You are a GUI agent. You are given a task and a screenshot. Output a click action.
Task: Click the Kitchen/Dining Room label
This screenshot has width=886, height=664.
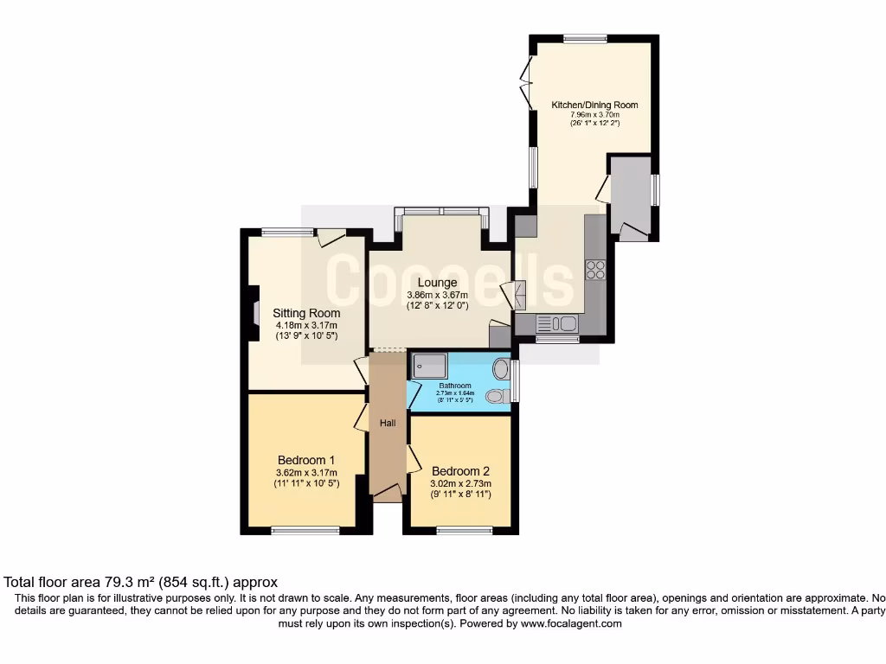coord(594,105)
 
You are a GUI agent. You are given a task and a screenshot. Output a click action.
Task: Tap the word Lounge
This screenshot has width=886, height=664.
coord(437,283)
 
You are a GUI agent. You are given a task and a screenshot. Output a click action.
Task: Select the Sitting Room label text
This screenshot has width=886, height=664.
coord(306,313)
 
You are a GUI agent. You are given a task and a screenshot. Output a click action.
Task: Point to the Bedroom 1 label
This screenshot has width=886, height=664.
coord(306,460)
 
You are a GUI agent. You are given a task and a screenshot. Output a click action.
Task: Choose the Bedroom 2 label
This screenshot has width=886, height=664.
coord(461,471)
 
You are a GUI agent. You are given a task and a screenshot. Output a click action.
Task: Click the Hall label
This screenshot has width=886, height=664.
coord(388,423)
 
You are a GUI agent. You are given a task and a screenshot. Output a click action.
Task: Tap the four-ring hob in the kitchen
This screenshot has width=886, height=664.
coord(595,270)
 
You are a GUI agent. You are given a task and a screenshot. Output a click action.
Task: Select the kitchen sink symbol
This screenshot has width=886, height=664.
coord(557,323)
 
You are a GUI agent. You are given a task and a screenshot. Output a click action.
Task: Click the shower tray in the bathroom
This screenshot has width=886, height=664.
coord(430,367)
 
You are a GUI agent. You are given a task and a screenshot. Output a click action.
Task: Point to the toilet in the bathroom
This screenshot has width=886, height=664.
coord(497,396)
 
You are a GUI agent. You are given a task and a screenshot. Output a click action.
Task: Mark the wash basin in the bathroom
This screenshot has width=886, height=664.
coord(500,369)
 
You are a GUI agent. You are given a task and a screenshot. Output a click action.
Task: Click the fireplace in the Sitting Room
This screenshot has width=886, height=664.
coord(255,312)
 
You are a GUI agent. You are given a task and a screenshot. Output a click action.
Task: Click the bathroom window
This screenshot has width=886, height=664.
coord(516,381)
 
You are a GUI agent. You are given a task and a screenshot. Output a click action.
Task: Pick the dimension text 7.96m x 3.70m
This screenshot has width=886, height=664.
coord(594,115)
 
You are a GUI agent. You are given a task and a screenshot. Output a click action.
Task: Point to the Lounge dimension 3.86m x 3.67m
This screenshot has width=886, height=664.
coord(437,295)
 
